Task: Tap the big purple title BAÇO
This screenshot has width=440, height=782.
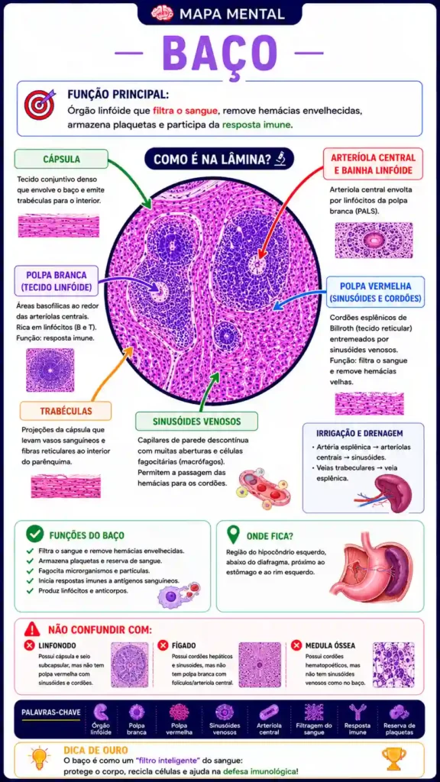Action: coord(219,53)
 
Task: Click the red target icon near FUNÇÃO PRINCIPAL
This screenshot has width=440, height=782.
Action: coord(40,104)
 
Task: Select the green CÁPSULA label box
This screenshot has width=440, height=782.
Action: coord(61,159)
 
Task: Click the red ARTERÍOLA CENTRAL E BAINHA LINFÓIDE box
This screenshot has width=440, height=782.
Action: coord(372,164)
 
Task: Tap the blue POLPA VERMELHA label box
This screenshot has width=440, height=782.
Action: coord(376,292)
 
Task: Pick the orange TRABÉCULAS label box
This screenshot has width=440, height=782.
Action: coord(66,411)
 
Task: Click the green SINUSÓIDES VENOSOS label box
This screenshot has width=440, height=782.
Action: coord(196,422)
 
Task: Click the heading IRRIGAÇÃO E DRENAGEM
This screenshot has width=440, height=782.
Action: coord(360,434)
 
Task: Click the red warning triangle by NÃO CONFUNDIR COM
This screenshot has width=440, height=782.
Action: coord(32,629)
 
